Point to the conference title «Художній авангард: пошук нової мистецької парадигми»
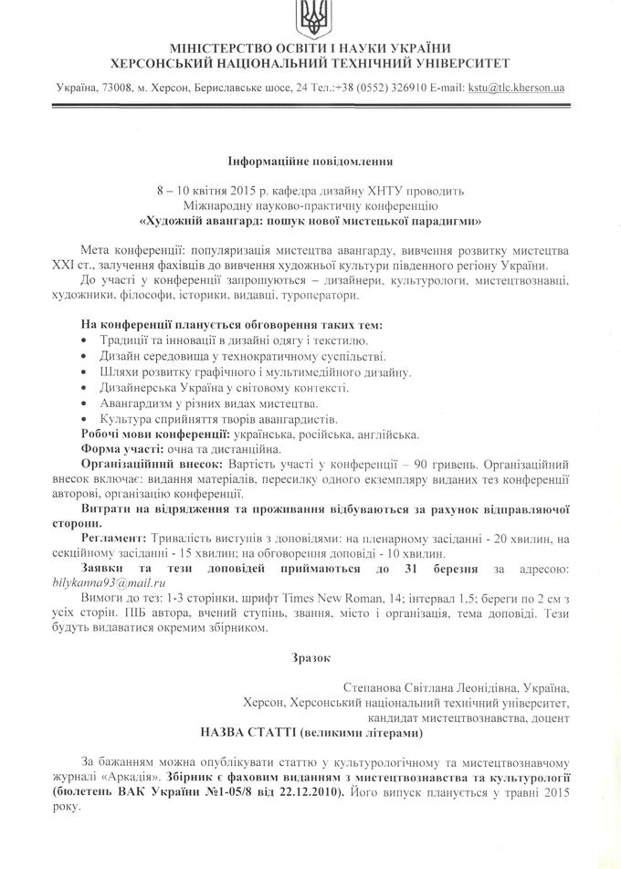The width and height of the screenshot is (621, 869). [x=310, y=220]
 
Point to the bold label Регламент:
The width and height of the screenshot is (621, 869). [x=117, y=539]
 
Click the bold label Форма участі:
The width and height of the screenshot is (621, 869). [x=121, y=448]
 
